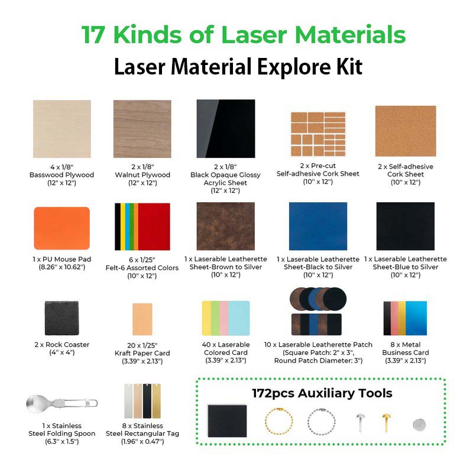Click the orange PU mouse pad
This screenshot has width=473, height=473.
click(x=62, y=228)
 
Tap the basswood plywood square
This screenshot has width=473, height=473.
click(x=62, y=129)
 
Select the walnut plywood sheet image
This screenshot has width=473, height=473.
click(x=142, y=129)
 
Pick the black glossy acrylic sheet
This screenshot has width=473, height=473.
click(x=226, y=129)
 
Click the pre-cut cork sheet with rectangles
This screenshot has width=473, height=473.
click(x=318, y=131)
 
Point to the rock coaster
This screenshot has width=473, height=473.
click(x=62, y=318)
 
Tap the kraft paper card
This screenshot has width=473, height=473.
click(x=142, y=320)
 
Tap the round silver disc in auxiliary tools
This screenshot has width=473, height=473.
click(x=419, y=424)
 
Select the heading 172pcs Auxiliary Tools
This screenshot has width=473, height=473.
click(x=322, y=393)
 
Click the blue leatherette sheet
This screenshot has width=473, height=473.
click(x=318, y=226)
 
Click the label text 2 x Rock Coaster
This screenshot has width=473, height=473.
click(x=62, y=345)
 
